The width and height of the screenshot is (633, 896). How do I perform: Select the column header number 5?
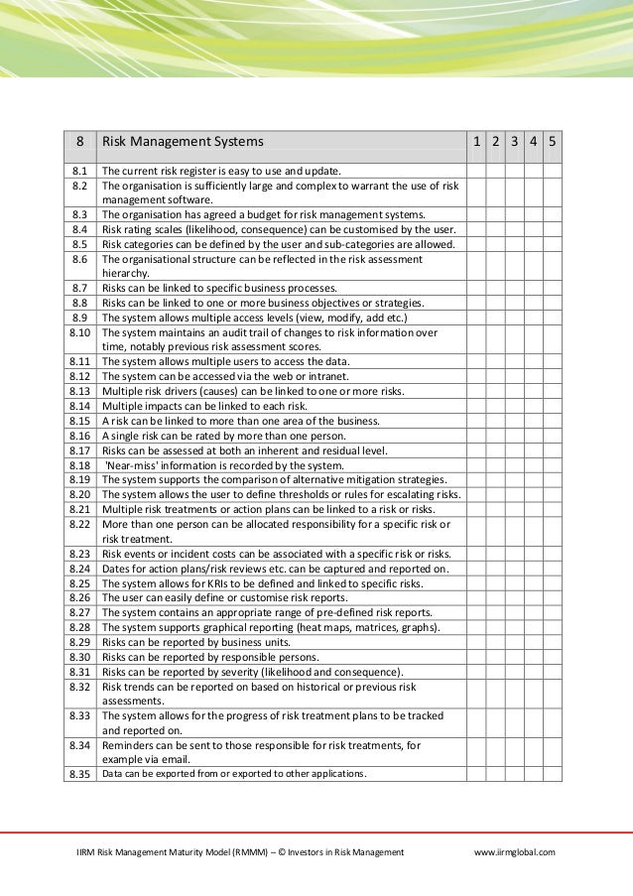[552, 142]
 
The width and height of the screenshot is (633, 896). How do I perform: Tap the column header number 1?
[477, 142]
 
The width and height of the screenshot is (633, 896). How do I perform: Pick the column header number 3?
[515, 142]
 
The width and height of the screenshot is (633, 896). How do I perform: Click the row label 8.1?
[79, 171]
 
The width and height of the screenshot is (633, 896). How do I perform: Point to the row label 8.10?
[79, 333]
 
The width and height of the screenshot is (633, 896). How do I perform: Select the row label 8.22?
[79, 524]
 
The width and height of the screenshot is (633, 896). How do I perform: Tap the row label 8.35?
[79, 774]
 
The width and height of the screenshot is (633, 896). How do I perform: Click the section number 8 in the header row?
[79, 142]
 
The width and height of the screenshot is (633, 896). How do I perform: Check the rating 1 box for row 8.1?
[477, 171]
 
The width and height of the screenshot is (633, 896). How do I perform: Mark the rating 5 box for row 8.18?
[552, 464]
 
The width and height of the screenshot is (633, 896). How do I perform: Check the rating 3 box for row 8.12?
[515, 377]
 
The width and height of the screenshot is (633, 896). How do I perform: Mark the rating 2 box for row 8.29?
[496, 643]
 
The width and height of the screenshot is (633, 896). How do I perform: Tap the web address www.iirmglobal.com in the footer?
[515, 851]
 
